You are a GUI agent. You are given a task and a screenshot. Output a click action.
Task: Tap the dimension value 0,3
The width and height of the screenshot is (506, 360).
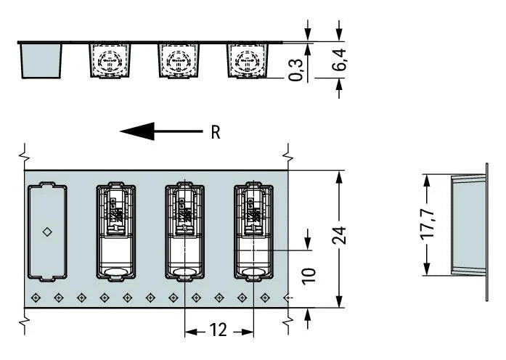pos(296,69)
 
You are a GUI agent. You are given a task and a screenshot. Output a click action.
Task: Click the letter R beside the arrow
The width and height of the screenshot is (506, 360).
pos(215,132)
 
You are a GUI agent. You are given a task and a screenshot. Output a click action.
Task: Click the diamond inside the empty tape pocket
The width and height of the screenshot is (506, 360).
pos(47,232)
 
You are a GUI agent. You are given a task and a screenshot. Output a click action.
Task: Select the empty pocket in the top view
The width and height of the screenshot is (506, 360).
pos(46,233)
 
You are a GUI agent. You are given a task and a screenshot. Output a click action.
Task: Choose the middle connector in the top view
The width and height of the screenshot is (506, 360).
pos(184,233)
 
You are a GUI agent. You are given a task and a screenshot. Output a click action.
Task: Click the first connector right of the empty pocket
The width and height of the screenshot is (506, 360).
pos(116,233)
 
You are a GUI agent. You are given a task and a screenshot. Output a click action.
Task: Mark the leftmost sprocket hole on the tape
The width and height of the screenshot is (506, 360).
pos(36,297)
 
